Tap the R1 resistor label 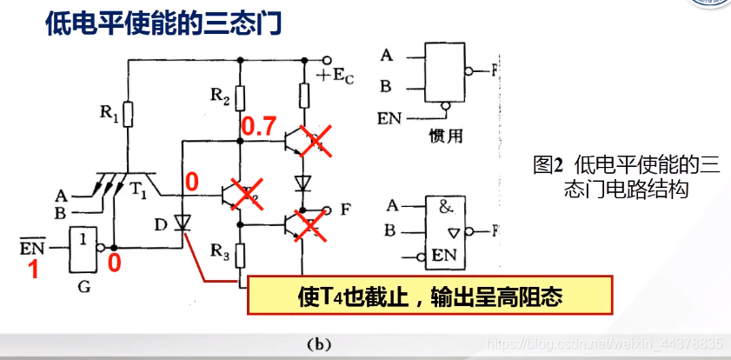[x=107, y=112]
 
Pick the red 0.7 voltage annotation [x=259, y=128]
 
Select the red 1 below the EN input [x=34, y=270]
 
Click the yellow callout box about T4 [x=431, y=296]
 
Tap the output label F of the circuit [x=346, y=210]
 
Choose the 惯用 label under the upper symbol [x=442, y=136]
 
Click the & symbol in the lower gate [x=446, y=209]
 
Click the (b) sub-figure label [x=319, y=344]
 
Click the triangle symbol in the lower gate [x=453, y=232]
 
